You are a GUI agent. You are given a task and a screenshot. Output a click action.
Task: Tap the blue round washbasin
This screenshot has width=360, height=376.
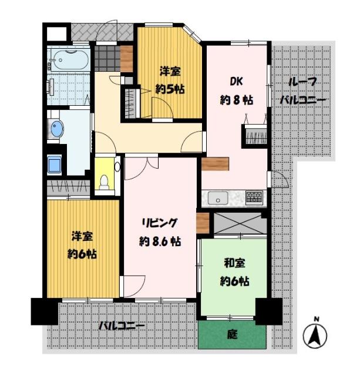[x=56, y=129]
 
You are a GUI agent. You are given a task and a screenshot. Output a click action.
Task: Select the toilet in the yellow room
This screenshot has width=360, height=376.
[x=105, y=183]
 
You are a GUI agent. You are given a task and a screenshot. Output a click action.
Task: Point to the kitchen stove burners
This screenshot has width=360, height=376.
[x=254, y=197]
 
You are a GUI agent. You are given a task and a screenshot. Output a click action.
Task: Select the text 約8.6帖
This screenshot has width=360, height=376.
[x=160, y=241]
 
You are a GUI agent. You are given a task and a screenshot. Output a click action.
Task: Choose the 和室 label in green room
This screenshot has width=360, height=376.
[x=234, y=263]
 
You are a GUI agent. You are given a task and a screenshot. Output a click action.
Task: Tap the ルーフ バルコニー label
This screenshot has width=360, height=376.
[x=302, y=91]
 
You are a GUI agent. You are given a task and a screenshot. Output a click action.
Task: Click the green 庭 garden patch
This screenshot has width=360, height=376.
[x=233, y=335]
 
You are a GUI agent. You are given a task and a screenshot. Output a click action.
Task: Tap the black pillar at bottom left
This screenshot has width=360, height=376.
[x=44, y=311]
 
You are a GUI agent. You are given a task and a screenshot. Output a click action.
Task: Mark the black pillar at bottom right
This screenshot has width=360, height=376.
[x=268, y=311]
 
